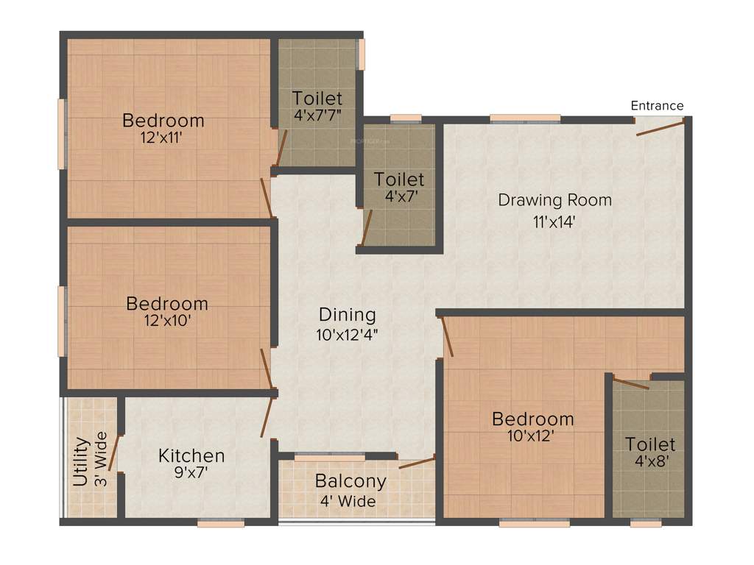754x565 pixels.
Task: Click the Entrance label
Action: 657,105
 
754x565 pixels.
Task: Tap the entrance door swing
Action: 660,128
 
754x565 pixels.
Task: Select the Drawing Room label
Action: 554,199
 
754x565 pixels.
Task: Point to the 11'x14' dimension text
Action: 554,221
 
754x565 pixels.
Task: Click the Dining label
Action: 347,315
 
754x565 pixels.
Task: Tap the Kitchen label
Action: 191,456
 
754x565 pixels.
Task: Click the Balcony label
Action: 350,481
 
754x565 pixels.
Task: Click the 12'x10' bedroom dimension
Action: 166,320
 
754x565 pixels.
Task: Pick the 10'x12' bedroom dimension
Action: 532,436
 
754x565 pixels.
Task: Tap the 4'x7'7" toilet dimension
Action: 317,115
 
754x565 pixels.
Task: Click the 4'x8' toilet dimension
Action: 650,462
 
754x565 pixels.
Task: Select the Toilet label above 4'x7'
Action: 399,180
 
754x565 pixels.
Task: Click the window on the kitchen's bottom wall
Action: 220,523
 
